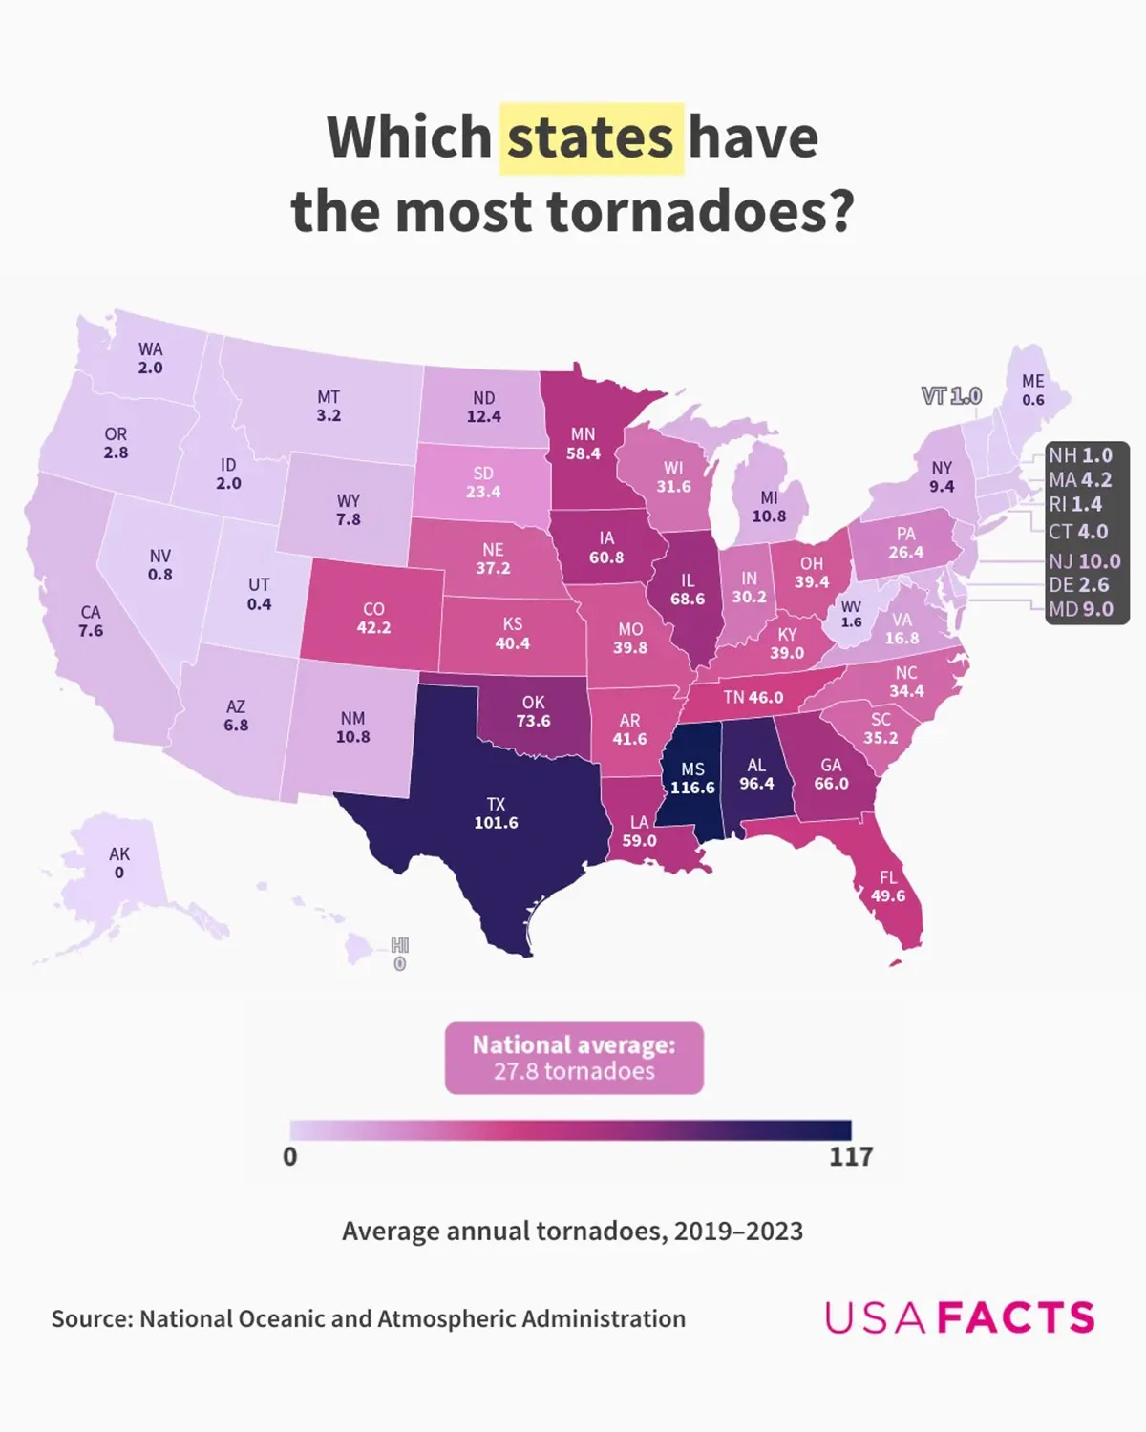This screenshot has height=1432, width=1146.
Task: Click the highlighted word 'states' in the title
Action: [x=590, y=137]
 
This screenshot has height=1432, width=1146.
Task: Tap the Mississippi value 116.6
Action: [x=692, y=788]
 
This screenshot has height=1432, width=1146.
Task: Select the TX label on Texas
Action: [x=496, y=804]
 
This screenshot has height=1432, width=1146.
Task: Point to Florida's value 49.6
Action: [x=888, y=895]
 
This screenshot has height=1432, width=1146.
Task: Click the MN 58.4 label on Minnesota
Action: [x=583, y=443]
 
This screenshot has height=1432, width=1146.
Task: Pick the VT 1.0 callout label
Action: [x=951, y=395]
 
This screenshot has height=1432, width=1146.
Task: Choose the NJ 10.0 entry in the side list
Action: [x=1084, y=561]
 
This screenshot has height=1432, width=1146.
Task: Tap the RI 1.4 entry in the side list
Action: [x=1075, y=504]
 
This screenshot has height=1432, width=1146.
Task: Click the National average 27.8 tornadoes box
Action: [x=574, y=1058]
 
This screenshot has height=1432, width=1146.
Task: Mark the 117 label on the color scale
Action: [x=850, y=1157]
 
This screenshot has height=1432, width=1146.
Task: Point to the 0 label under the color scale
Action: [x=290, y=1157]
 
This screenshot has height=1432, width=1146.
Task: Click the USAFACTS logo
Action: [x=960, y=1317]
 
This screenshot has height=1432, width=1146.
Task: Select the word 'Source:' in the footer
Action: [x=92, y=1318]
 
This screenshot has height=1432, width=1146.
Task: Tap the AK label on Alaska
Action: [x=119, y=854]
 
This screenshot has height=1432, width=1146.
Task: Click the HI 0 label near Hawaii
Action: [x=399, y=955]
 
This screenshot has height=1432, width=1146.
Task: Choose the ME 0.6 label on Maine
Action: [x=1032, y=390]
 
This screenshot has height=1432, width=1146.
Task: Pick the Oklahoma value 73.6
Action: [x=533, y=721]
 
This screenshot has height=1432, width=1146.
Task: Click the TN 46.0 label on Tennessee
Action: [x=753, y=697]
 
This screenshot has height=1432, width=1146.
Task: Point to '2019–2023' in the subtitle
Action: [x=738, y=1231]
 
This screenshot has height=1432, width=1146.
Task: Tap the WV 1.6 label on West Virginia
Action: [x=851, y=614]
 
